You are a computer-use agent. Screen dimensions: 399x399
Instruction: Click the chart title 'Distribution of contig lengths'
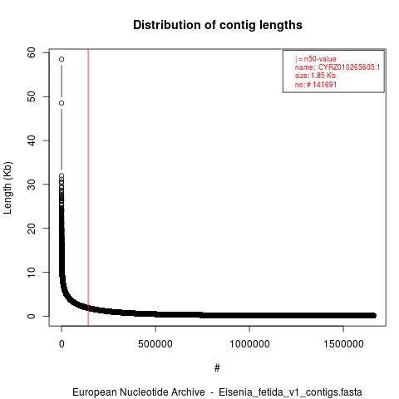point(218,25)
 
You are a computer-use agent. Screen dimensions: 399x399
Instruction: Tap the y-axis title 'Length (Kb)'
point(7,188)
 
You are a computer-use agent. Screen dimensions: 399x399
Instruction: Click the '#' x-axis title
point(217,368)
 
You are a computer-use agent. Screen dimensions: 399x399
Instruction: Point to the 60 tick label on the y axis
point(32,52)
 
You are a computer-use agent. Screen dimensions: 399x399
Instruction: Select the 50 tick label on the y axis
point(32,96)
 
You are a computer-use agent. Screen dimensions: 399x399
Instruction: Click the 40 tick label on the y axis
point(32,140)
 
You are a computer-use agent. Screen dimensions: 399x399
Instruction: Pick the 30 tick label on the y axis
point(32,185)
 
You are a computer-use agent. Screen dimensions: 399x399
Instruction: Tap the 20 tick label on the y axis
point(32,228)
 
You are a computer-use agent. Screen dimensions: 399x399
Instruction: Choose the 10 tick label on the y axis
point(32,272)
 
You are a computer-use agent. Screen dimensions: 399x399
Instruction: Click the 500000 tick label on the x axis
point(155,344)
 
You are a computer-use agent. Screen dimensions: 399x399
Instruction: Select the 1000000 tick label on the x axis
point(249,344)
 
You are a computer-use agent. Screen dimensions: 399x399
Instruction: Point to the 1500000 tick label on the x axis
point(343,344)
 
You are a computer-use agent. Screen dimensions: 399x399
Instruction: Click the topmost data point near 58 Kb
point(62,59)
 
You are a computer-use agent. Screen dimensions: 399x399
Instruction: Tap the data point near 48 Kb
point(62,103)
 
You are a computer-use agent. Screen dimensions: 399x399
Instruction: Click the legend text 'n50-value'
point(320,59)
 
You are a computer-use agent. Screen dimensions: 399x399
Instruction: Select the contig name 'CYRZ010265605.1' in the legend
point(349,67)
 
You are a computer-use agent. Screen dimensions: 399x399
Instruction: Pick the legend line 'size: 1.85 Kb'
point(315,76)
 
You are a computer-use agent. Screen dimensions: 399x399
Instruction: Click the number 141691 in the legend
point(324,85)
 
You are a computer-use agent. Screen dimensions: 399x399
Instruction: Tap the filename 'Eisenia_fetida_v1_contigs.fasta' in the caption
point(290,392)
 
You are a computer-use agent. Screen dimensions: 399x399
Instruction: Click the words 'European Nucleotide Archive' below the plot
point(139,392)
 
